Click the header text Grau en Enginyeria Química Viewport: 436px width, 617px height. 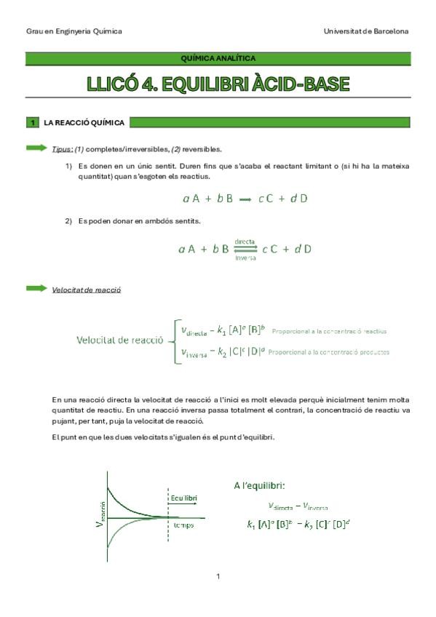click(x=74, y=31)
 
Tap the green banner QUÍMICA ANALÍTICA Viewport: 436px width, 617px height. click(x=218, y=58)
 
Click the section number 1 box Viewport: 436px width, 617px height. click(x=33, y=123)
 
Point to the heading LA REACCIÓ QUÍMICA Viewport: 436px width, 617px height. click(x=84, y=123)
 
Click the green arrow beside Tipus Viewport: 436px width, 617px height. click(x=36, y=148)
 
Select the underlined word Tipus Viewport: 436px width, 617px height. click(x=62, y=149)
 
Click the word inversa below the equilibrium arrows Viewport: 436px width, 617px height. click(x=245, y=258)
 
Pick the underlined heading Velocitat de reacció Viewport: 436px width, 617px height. click(x=86, y=290)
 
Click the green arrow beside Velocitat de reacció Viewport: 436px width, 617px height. click(x=36, y=289)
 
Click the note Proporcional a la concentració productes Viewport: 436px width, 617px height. click(x=328, y=352)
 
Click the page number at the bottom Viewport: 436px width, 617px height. click(x=218, y=577)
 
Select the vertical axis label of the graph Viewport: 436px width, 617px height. click(x=101, y=515)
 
